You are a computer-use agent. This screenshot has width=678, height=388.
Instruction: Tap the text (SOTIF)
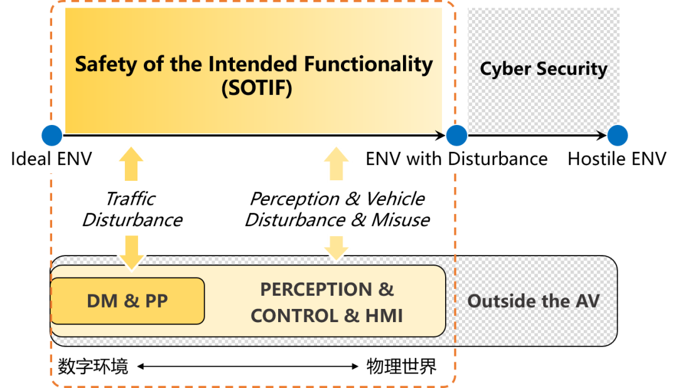[x=257, y=89]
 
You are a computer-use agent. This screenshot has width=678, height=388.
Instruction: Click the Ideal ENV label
[x=51, y=159]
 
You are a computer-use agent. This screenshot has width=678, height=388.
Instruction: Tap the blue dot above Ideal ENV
[x=51, y=134]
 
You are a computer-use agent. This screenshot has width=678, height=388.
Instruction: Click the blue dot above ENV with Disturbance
[x=456, y=134]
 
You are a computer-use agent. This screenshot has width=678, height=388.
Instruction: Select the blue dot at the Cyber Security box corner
[x=618, y=134]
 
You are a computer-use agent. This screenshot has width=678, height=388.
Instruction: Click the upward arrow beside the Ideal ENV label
[x=131, y=163]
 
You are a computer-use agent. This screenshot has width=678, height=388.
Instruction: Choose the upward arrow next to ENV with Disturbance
[x=336, y=163]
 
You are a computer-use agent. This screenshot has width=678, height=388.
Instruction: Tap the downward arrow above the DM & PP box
[x=131, y=251]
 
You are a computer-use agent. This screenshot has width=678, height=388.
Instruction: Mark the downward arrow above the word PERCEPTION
[x=336, y=247]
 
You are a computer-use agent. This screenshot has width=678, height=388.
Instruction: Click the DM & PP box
[x=127, y=301]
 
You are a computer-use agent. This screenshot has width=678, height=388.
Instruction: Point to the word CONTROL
[x=295, y=315]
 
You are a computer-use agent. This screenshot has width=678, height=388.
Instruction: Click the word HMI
[x=382, y=315]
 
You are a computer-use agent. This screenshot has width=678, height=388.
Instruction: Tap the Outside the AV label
[x=533, y=301]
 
